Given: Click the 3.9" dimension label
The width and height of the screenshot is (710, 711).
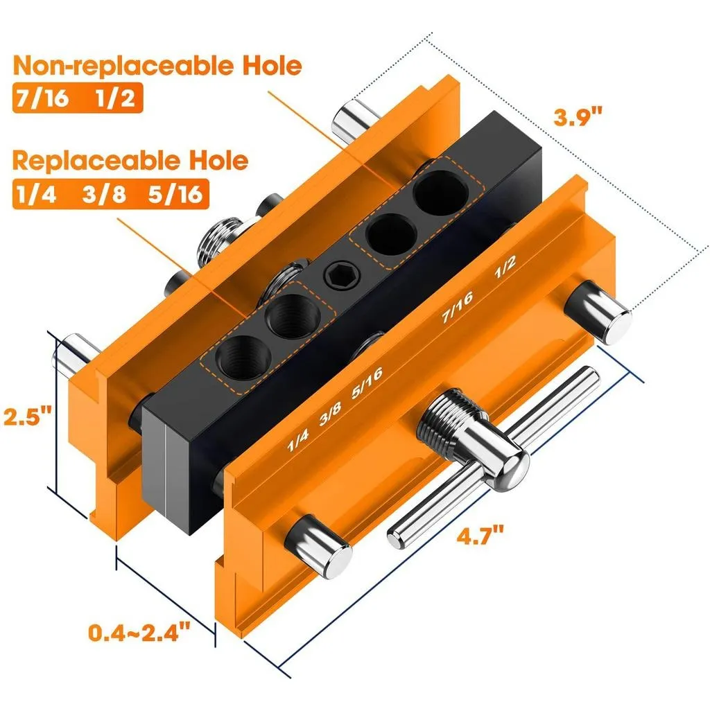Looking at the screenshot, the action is click(578, 117).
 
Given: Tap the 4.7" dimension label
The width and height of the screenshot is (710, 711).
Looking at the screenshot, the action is click(480, 536).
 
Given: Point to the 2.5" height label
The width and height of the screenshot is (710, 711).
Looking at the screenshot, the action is click(27, 416).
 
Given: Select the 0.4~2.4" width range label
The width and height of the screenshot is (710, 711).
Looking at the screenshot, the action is click(139, 631).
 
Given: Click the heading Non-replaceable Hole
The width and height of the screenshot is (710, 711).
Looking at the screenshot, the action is click(157, 66).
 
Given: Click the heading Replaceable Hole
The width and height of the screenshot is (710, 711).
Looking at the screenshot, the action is click(130, 161).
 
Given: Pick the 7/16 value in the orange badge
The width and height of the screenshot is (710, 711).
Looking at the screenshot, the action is click(43, 98).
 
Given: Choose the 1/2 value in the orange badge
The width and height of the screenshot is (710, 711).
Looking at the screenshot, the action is click(115, 98).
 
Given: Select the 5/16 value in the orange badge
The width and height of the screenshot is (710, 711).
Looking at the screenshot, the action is click(175, 194).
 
